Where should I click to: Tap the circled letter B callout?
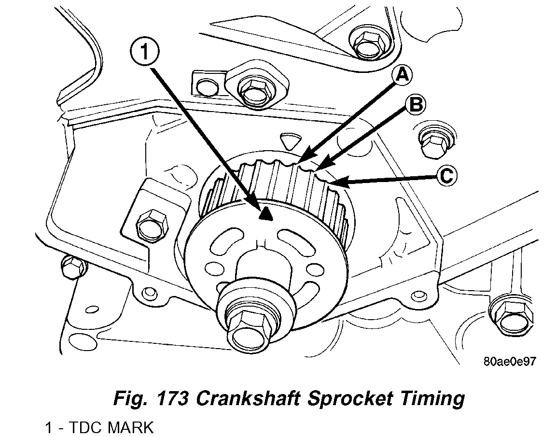pyautogui.click(x=415, y=104)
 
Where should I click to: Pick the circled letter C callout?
pyautogui.click(x=445, y=176)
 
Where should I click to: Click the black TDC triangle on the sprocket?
pyautogui.click(x=265, y=214)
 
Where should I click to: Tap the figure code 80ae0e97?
pyautogui.click(x=509, y=362)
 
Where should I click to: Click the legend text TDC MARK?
pyautogui.click(x=111, y=427)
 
